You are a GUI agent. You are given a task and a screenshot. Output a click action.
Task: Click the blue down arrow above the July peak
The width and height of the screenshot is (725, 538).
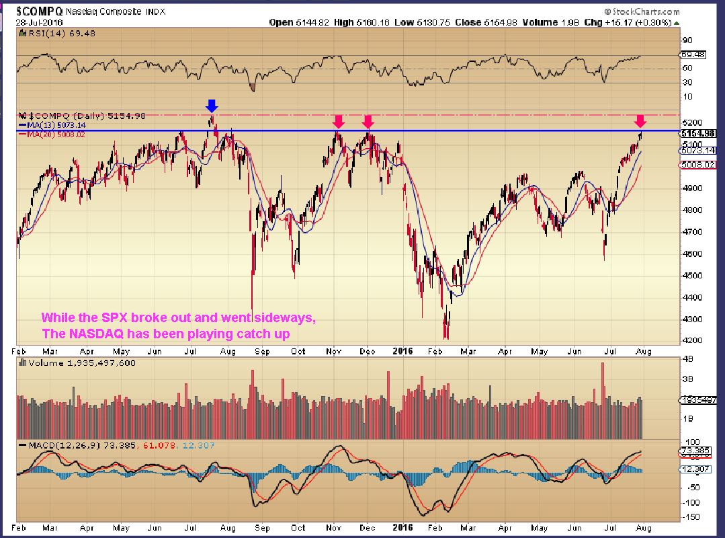tap(212, 106)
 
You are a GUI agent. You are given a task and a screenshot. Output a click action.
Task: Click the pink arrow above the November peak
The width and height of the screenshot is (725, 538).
tap(339, 121)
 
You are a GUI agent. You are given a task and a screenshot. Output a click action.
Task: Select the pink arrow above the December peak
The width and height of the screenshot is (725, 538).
tap(368, 121)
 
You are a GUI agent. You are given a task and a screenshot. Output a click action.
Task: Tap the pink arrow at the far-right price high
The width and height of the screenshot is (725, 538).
tap(640, 121)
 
